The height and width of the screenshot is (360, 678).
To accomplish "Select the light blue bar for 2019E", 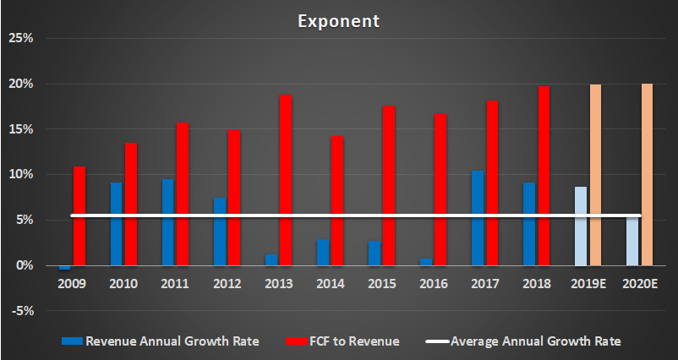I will pos(581,226).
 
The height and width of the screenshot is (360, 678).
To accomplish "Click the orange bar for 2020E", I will pos(647,175).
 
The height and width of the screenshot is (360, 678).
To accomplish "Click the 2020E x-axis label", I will pos(639,285).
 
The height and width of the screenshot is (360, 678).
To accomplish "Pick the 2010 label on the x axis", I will pos(124,285).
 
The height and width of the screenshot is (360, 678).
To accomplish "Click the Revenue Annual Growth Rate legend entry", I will pos(160,341).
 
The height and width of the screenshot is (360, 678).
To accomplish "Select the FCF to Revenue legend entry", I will pos(346,341).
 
